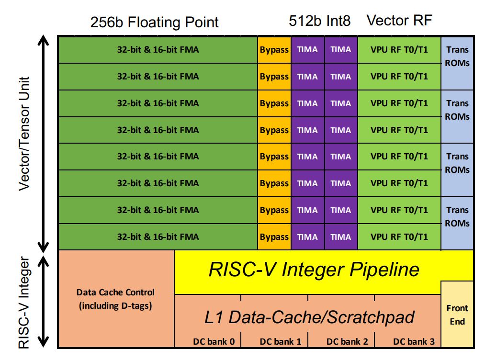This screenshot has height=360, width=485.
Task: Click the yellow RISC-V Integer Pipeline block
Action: click(x=314, y=270)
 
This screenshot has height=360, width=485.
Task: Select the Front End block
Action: click(x=457, y=315)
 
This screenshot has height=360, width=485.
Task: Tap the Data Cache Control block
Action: click(x=116, y=299)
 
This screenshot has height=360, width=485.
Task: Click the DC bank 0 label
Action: click(x=214, y=341)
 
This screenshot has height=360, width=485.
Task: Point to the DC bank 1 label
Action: click(x=281, y=341)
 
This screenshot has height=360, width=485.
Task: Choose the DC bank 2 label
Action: click(x=347, y=341)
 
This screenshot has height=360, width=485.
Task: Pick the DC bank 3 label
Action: click(x=414, y=341)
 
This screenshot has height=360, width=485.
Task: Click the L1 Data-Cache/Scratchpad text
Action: click(x=309, y=317)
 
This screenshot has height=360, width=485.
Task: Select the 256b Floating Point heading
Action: click(x=154, y=22)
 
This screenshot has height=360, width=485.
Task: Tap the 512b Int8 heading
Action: click(x=319, y=21)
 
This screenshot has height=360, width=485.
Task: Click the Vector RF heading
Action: click(x=399, y=21)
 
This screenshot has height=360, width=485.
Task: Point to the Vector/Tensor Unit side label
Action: click(x=24, y=134)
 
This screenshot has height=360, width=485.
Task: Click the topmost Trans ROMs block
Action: click(x=457, y=56)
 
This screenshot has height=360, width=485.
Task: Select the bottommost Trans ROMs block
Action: click(x=457, y=216)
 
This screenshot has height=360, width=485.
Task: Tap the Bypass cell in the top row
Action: click(x=274, y=49)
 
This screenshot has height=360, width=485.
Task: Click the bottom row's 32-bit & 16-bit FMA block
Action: click(x=158, y=236)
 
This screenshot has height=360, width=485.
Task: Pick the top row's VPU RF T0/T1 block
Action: click(x=399, y=49)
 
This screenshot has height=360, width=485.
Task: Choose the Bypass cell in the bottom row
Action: click(x=274, y=236)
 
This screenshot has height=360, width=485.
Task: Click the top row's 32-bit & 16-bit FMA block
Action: click(x=158, y=49)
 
